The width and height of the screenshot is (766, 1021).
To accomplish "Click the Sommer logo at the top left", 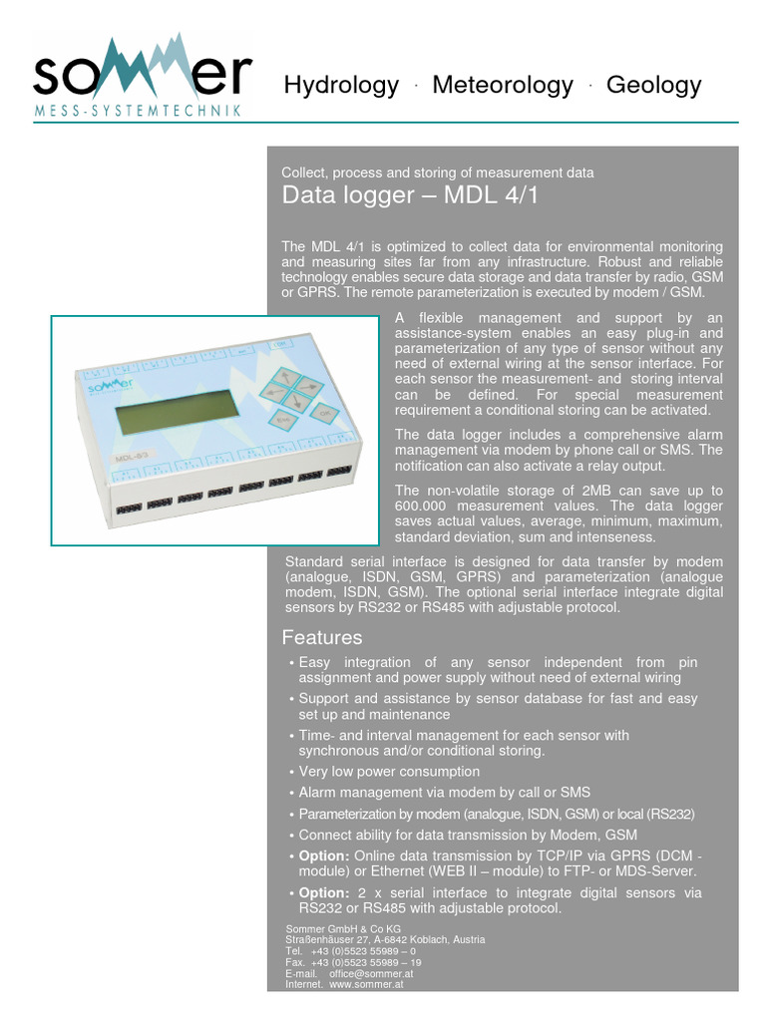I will pos(140,76).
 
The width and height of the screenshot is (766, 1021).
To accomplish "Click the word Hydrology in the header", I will pos(341,86).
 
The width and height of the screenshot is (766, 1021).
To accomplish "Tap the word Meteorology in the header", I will pos(503,86).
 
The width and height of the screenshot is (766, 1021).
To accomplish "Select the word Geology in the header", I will pos(653,86).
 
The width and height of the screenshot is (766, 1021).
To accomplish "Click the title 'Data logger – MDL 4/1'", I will pos(410,195).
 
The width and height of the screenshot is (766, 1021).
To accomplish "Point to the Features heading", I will pos(322,637).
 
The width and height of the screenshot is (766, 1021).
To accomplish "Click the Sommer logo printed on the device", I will pos(105,384).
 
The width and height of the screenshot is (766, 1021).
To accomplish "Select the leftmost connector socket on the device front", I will pos(127,508).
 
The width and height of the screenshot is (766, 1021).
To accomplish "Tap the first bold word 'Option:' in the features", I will pos(324,856).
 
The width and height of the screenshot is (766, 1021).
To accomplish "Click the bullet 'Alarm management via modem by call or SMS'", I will pos(444,793).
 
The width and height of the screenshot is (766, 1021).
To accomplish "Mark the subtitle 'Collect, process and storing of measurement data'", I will pos(438,172).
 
